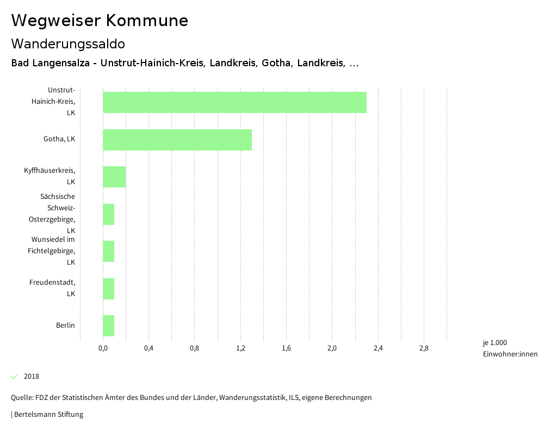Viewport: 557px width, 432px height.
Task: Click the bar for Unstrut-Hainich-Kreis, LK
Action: click(x=234, y=102)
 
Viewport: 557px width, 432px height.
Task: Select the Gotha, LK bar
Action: click(x=177, y=140)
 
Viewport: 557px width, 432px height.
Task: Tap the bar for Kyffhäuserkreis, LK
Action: click(x=114, y=177)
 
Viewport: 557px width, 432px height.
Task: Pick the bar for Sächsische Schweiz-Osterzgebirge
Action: click(x=109, y=214)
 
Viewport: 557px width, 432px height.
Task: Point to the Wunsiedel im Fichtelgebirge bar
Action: click(x=109, y=251)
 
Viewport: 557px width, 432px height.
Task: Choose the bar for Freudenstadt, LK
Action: click(x=109, y=289)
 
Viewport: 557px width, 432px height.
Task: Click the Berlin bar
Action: click(x=109, y=325)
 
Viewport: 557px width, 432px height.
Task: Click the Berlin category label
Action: click(x=65, y=325)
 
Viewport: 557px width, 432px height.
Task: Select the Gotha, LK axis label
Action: click(x=59, y=139)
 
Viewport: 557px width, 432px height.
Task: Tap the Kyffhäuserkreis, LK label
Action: click(x=49, y=176)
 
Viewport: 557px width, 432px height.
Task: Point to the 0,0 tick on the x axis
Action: click(x=103, y=348)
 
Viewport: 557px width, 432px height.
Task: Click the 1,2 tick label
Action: click(x=240, y=348)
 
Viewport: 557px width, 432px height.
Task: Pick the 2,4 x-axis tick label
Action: click(x=378, y=348)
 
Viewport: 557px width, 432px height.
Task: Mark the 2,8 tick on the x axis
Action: click(x=424, y=348)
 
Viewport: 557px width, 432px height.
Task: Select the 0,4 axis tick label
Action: click(x=148, y=348)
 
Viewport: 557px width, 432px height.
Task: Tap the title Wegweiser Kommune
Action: click(x=100, y=21)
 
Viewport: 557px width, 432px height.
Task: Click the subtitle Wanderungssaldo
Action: click(x=68, y=43)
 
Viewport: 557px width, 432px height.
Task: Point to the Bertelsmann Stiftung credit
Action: click(x=47, y=415)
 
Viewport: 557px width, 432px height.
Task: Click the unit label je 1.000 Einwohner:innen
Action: click(x=510, y=348)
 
